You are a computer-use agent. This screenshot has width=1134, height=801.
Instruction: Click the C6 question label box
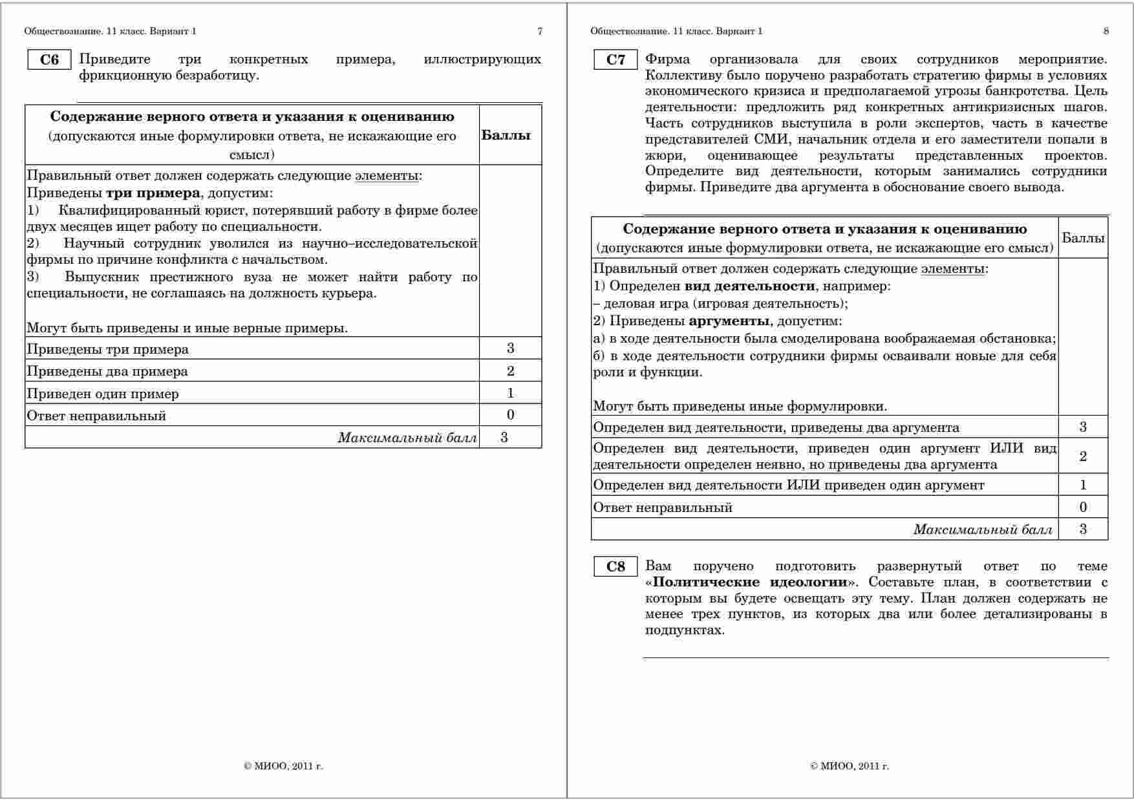(49, 60)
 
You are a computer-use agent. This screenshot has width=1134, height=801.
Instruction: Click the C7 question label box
(615, 60)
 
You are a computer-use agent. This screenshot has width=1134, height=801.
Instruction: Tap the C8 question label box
(615, 567)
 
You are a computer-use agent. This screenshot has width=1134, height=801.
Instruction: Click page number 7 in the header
(540, 31)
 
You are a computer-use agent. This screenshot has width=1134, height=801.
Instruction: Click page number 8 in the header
(1106, 31)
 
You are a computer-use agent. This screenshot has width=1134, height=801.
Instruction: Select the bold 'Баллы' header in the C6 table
(506, 135)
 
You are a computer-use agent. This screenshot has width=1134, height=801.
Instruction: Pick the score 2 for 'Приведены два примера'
(511, 370)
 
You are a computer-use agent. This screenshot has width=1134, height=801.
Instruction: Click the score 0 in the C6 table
(511, 414)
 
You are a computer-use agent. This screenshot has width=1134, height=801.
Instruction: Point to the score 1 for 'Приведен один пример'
(511, 392)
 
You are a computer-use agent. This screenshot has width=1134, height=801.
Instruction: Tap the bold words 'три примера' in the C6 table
(153, 193)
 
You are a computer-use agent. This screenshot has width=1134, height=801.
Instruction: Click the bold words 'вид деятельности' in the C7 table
(749, 286)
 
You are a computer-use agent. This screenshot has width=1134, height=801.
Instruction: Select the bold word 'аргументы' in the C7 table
(729, 321)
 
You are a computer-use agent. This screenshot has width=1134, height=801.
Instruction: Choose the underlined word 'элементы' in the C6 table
(386, 176)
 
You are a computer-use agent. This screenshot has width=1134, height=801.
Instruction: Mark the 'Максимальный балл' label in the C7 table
(983, 529)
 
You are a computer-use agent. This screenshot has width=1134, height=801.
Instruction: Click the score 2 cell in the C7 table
(1083, 456)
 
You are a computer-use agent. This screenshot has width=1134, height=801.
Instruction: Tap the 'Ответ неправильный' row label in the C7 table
(663, 507)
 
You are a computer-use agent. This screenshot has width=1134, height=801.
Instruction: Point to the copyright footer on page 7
(283, 766)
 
